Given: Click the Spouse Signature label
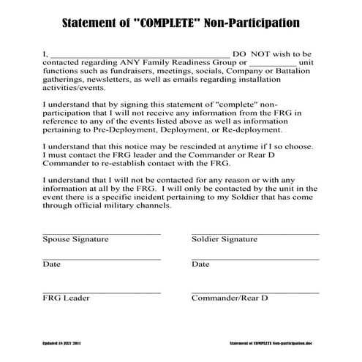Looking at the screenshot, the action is [75, 239].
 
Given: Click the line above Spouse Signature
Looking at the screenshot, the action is [101, 233].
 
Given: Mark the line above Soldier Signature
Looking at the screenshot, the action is [255, 233].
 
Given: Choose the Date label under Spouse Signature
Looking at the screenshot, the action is [51, 264].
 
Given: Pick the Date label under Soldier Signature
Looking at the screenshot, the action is [200, 264].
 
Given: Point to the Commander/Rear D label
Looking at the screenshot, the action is [230, 298].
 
